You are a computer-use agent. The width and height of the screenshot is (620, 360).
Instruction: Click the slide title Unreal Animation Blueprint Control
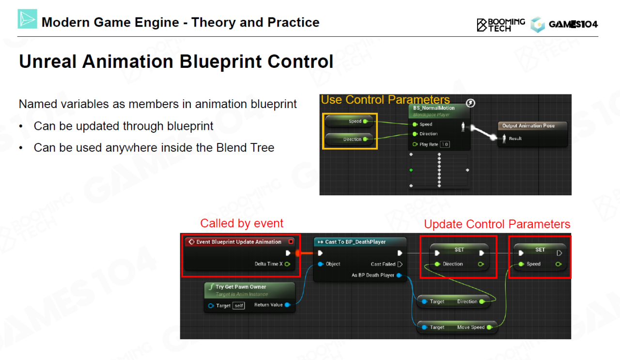tap(176, 62)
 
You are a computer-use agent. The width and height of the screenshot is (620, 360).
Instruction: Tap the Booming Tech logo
tap(500, 25)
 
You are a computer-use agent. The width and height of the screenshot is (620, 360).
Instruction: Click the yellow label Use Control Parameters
tap(385, 100)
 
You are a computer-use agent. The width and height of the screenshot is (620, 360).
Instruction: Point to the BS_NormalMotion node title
tap(434, 108)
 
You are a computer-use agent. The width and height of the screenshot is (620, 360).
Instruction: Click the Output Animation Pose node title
tap(528, 125)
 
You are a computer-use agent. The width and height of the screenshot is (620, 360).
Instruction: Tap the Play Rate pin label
tap(428, 144)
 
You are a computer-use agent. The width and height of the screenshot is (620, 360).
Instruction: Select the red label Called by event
tap(242, 223)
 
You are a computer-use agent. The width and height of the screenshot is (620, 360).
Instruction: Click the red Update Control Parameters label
tap(497, 224)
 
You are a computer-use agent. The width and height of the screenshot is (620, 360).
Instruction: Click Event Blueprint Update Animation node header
tap(239, 242)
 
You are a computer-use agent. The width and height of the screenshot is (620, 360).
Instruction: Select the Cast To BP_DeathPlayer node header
tap(356, 242)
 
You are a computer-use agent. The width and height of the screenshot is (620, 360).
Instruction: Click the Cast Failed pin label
tap(383, 264)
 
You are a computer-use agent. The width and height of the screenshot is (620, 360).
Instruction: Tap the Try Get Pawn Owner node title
tap(241, 287)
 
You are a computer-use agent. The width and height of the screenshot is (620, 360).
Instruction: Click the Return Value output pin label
tap(268, 305)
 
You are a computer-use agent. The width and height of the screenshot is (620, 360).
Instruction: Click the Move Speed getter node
tap(457, 328)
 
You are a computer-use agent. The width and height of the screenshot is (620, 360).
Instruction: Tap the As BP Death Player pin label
tap(373, 275)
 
